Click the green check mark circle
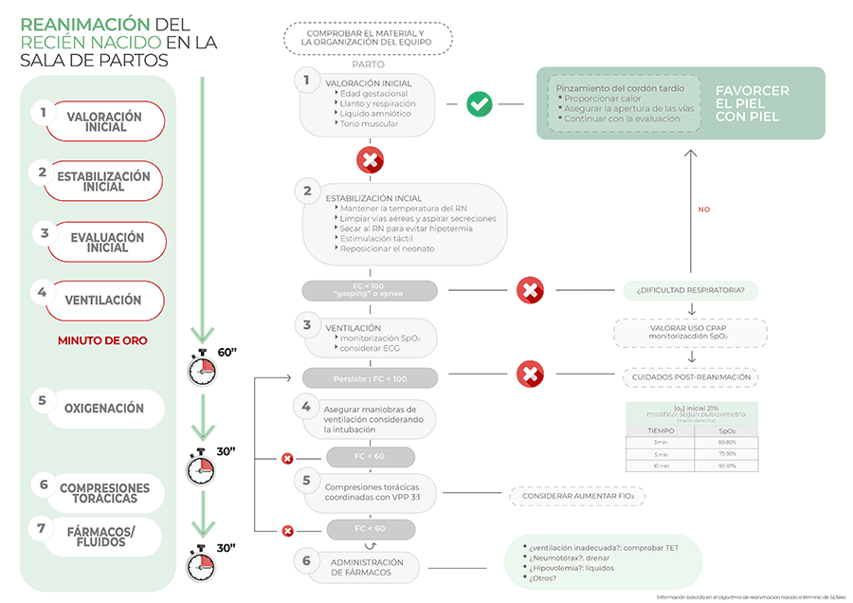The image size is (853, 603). [480, 104]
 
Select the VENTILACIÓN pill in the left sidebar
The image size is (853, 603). [103, 301]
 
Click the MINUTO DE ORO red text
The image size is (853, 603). [102, 340]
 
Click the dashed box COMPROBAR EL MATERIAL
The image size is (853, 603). [367, 37]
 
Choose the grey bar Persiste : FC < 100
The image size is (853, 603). [370, 378]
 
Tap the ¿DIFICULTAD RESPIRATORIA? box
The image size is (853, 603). [690, 289]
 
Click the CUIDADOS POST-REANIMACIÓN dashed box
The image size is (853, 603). [690, 376]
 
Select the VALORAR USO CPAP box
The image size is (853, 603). [690, 332]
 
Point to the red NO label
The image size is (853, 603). [703, 210]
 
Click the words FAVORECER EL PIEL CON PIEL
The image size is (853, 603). [753, 103]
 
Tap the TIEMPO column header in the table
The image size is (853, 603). [661, 429]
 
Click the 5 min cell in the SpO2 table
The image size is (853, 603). [661, 454]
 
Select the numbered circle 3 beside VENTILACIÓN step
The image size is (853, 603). [306, 323]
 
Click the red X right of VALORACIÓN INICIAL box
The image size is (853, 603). [370, 160]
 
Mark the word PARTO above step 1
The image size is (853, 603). [367, 64]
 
